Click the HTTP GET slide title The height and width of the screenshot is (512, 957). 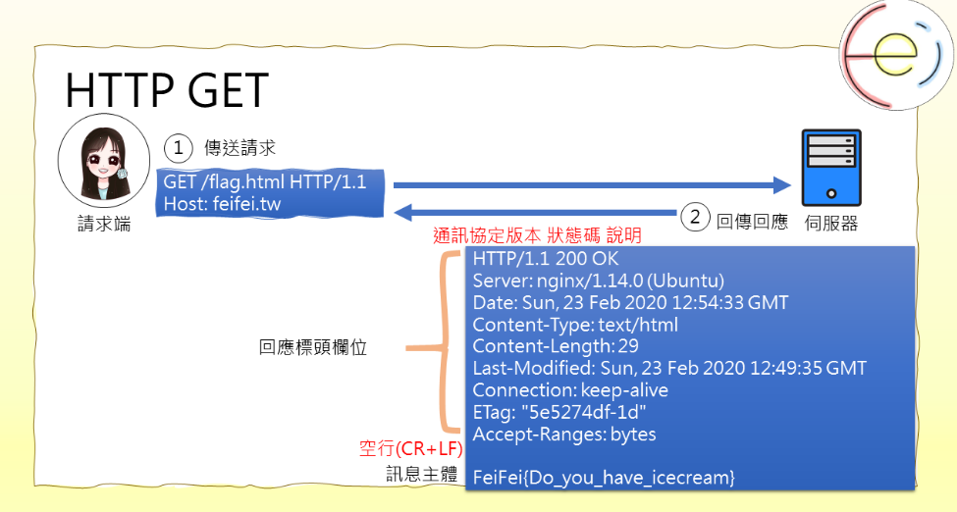pyautogui.click(x=166, y=91)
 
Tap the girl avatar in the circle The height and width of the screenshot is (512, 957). pyautogui.click(x=104, y=166)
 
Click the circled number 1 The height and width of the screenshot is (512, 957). pyautogui.click(x=178, y=147)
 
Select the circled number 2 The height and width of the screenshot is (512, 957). pyautogui.click(x=695, y=218)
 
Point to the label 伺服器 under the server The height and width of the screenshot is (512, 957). pyautogui.click(x=830, y=224)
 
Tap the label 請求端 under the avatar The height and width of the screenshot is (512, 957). pyautogui.click(x=104, y=225)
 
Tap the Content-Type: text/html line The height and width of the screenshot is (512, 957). pyautogui.click(x=575, y=325)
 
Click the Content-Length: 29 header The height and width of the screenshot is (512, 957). pyautogui.click(x=556, y=346)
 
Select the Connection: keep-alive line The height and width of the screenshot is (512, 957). pyautogui.click(x=570, y=390)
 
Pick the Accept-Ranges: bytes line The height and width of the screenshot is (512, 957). pyautogui.click(x=564, y=434)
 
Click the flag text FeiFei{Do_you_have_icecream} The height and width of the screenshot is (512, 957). pyautogui.click(x=604, y=478)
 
